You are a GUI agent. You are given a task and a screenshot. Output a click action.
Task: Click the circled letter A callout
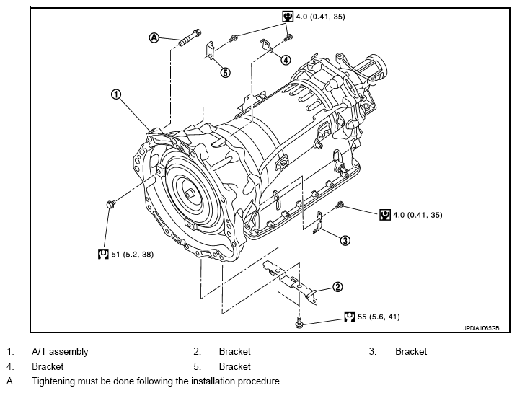coord(154,38)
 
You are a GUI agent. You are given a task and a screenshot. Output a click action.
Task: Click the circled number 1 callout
coord(116,94)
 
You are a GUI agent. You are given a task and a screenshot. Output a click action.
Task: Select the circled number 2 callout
coord(337,287)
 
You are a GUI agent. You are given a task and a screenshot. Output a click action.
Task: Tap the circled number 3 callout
coord(345,240)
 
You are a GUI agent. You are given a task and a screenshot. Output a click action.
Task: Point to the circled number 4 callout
coord(286,60)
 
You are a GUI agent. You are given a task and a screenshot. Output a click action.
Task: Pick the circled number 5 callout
coord(225,72)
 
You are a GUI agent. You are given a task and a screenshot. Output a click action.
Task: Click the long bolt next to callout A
coord(190,37)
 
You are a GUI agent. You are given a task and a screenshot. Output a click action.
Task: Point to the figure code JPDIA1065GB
coord(481,328)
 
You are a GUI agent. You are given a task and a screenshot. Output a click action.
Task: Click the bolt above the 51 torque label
coord(111,204)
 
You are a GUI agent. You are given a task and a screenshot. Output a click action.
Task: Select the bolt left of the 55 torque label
coord(299,323)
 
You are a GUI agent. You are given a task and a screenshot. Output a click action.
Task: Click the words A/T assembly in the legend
coord(60,352)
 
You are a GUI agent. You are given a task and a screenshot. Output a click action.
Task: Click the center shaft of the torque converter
coord(190,193)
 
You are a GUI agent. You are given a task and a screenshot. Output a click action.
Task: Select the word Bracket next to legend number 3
coord(411,351)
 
